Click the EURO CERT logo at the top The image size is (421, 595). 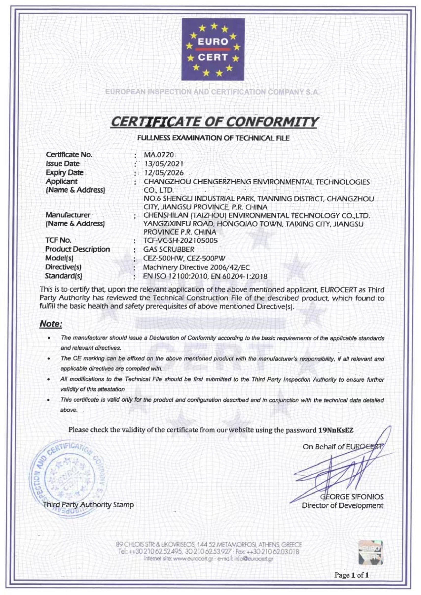pos(213,49)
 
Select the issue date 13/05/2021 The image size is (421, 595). pos(164,164)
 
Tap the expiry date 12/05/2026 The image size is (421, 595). pos(164,172)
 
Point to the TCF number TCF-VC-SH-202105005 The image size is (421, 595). pos(181,240)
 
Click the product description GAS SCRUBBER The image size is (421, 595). pos(169,249)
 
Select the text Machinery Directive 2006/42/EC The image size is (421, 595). pos(196,267)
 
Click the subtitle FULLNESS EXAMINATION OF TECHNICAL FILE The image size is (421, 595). pos(213,138)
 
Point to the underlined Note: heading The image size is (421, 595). pos(51,324)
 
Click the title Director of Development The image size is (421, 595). pos(342,506)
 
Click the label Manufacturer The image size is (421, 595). pos(68,215)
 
